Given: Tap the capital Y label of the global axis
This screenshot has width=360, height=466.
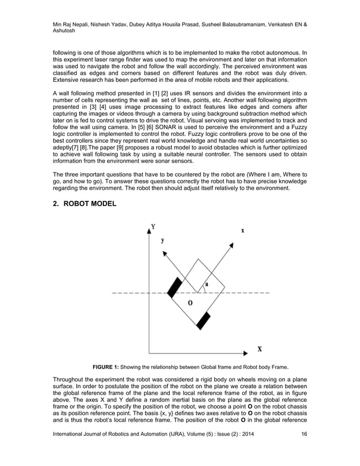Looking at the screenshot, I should click(x=153, y=227).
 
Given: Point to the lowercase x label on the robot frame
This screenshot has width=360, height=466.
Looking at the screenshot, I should click(x=243, y=230).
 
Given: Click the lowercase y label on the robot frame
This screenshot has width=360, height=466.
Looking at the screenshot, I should click(x=163, y=240).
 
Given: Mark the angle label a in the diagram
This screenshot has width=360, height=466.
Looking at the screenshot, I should click(x=207, y=285).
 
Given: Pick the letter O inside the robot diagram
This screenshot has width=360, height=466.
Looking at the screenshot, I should click(x=190, y=303).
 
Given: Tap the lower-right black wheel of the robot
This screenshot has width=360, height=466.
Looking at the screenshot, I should click(x=204, y=320).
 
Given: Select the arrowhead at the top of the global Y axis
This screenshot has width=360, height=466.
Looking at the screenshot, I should click(x=149, y=226).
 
